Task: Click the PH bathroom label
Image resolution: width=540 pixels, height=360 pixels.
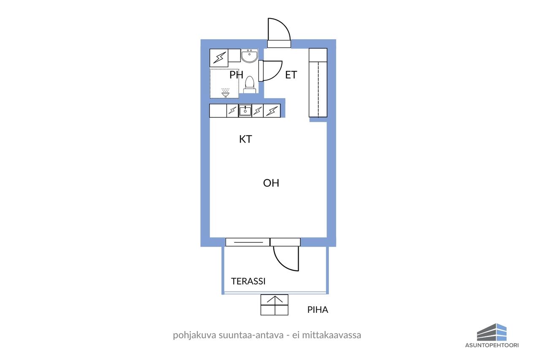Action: (x=236, y=75)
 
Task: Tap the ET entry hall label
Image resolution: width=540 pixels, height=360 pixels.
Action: (x=291, y=75)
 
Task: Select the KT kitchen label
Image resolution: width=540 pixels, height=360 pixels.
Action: (x=246, y=139)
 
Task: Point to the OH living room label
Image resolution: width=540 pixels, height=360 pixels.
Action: (x=271, y=183)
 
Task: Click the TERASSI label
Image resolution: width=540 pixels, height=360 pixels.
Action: (x=248, y=281)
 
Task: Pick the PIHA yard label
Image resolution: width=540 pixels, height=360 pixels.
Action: (x=318, y=310)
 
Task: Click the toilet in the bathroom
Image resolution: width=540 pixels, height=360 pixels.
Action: (x=249, y=85)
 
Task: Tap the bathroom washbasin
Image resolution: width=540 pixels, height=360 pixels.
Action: (x=249, y=56)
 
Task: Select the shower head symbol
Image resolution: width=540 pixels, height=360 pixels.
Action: (x=225, y=93)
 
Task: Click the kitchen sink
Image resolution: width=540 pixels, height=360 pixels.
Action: (x=245, y=111)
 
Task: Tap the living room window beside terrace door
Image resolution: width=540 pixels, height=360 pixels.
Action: (x=248, y=242)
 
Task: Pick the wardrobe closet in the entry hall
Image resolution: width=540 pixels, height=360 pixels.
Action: (x=318, y=83)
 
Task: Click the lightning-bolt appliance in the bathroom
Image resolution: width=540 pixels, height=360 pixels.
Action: (x=219, y=58)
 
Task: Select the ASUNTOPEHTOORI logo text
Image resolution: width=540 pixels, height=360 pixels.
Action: (x=492, y=345)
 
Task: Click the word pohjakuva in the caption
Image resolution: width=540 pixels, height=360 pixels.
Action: (x=194, y=335)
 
